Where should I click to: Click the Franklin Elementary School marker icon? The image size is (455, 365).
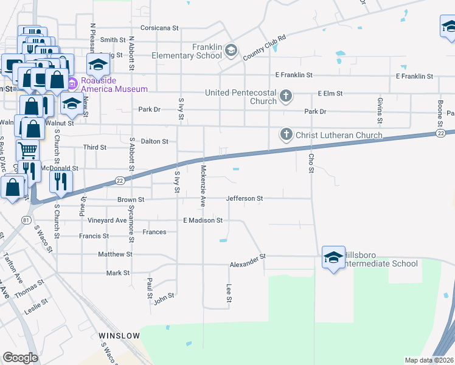[x=231, y=50]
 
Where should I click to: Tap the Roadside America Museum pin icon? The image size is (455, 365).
[x=72, y=83]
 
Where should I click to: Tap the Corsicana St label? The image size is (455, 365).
[x=159, y=28]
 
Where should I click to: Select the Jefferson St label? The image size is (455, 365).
[x=245, y=198]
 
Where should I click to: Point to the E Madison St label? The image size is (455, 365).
[x=203, y=220]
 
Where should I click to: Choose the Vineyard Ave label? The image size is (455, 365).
[x=106, y=220]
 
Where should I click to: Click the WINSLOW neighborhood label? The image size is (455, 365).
[x=119, y=336]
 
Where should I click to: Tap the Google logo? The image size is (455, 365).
[x=20, y=358]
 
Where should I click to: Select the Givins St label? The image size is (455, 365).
[x=380, y=106]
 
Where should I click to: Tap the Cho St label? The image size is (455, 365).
[x=311, y=162]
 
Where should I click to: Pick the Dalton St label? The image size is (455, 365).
[x=155, y=142]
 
